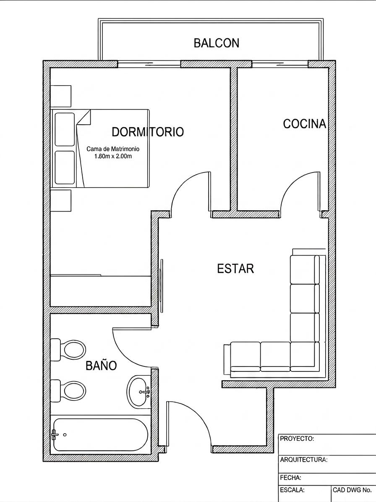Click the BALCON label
point(217,43)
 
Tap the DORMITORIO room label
point(148,131)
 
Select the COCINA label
point(304,123)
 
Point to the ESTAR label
point(235,268)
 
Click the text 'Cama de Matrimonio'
point(113,149)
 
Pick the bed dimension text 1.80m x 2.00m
point(113,157)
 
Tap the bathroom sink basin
point(138,391)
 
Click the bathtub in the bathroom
point(100,434)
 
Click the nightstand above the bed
point(61,96)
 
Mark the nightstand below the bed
point(61,200)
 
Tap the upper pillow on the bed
point(65,129)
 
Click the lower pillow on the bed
point(65,167)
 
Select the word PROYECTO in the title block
point(297,439)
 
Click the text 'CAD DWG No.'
point(352,490)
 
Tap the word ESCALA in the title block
point(292,490)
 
